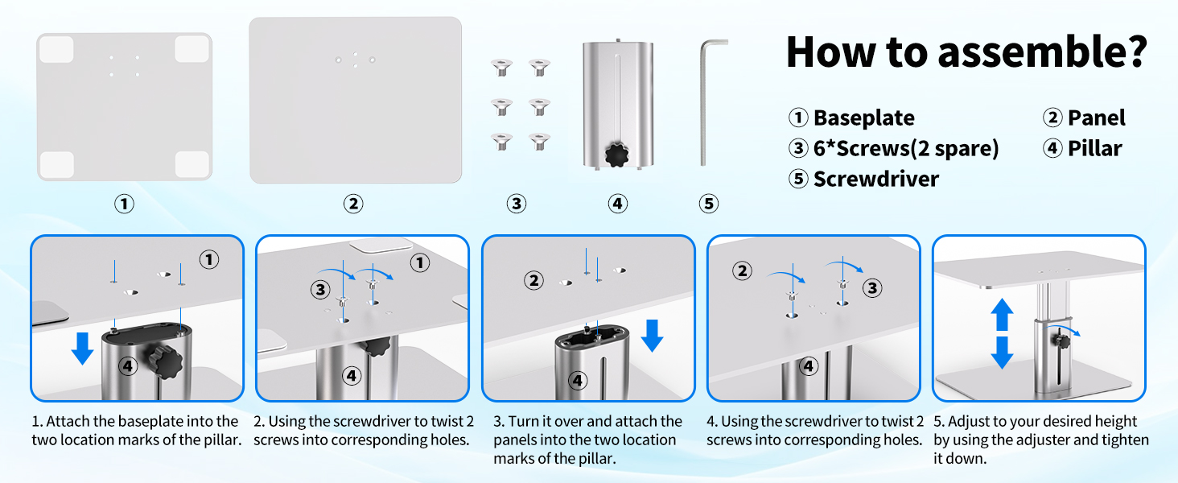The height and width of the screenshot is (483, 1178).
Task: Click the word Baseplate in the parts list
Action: point(863,118)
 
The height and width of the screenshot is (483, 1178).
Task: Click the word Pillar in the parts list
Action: point(1094,148)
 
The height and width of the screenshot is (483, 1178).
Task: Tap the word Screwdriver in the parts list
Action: point(876,179)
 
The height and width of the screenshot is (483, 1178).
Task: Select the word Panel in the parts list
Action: point(1097,118)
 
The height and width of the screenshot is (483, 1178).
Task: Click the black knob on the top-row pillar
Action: point(617,155)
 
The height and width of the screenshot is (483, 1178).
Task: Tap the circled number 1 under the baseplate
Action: point(124,204)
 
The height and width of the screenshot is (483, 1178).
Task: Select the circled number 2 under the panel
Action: point(353,204)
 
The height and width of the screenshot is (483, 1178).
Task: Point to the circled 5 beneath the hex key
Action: point(709,204)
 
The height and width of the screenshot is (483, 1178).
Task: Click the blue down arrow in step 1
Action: point(83,349)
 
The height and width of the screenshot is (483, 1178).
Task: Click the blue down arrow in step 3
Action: point(652,336)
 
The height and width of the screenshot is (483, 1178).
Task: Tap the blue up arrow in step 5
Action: point(1002,315)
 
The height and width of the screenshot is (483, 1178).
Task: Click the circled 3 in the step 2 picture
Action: point(320,289)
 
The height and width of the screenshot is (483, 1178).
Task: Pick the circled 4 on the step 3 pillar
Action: point(578,380)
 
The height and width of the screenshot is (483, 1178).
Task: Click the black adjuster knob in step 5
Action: point(1062,342)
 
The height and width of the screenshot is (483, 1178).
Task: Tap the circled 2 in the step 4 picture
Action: point(742,271)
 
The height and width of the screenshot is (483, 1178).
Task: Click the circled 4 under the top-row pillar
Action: point(618,204)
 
